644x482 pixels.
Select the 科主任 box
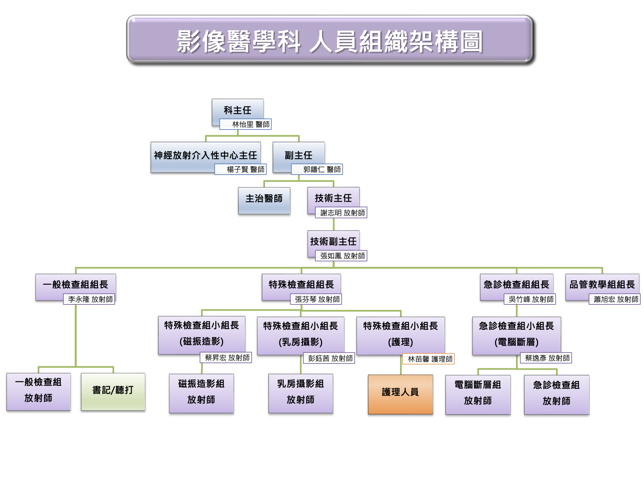coord(237,109)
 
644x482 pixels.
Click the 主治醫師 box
coord(264,200)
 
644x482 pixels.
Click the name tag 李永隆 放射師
coord(89,299)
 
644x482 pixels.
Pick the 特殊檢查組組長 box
coord(301,284)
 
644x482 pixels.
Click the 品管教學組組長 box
coord(602,284)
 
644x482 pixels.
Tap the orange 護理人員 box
coord(400,394)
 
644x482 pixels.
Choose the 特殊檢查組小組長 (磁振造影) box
coord(201,333)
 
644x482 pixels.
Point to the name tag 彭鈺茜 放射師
coord(329,358)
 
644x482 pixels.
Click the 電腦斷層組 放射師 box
coord(478,394)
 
